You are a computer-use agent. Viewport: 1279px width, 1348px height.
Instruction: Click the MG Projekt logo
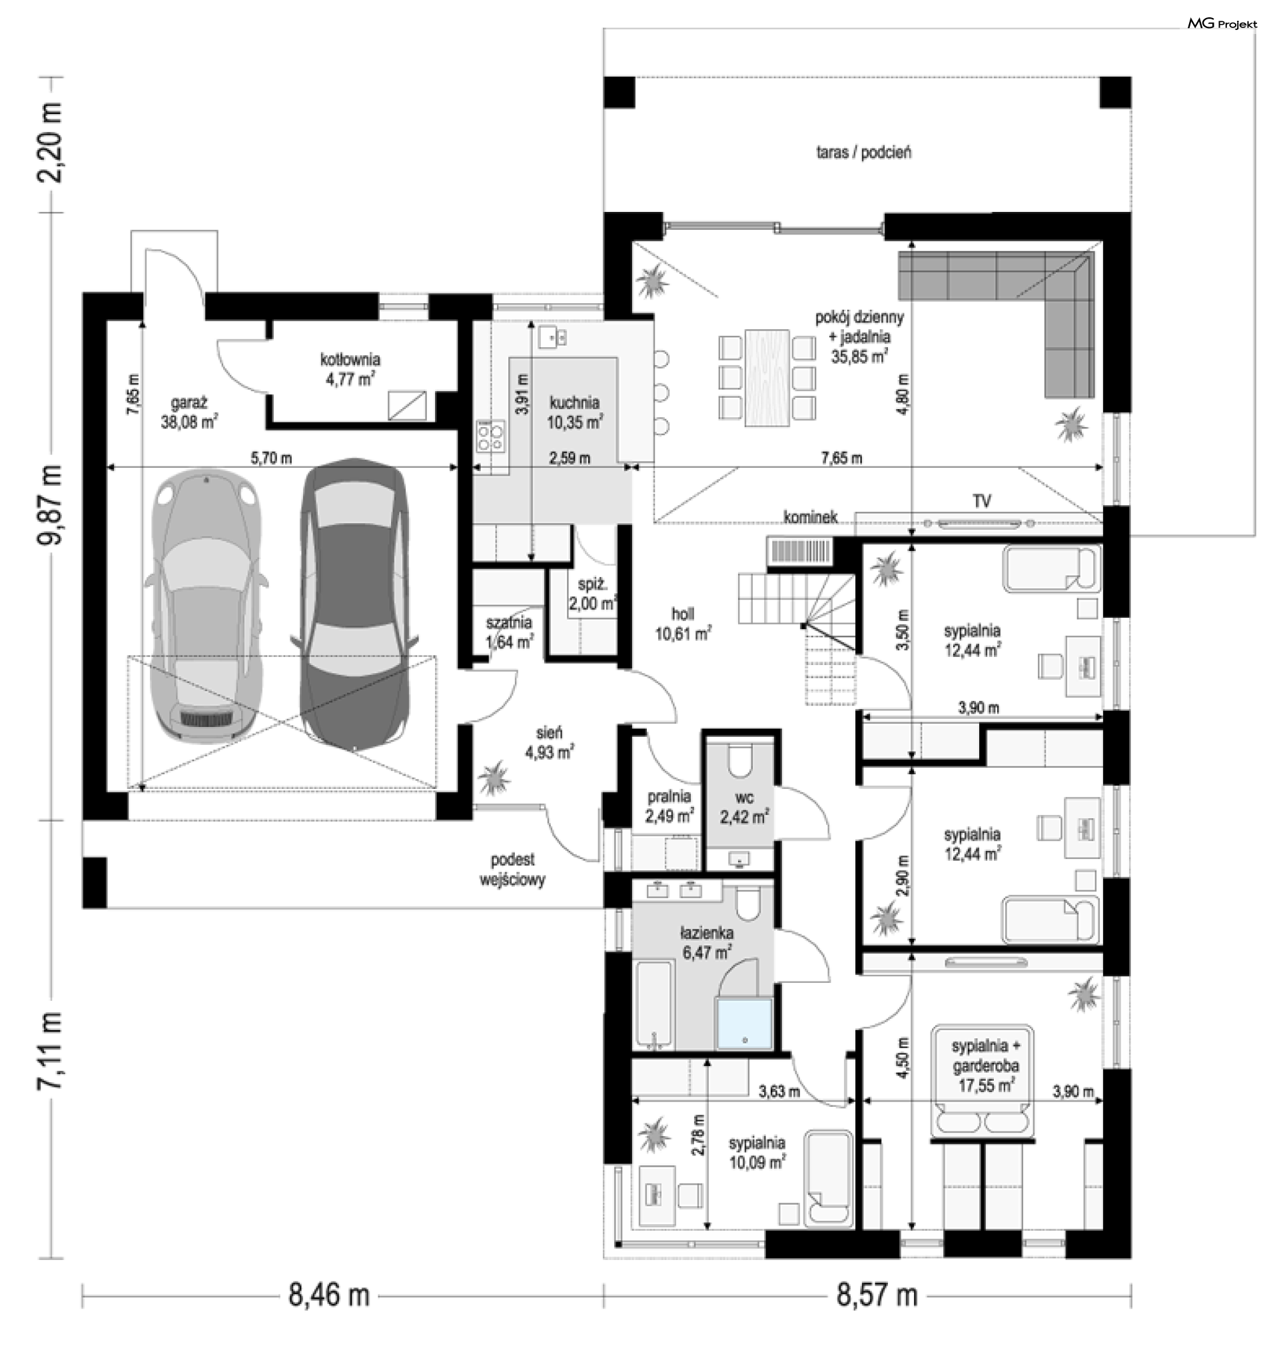click(1222, 25)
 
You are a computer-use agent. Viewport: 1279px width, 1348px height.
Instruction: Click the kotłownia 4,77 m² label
click(350, 369)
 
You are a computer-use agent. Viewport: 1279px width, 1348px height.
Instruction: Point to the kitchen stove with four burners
click(491, 436)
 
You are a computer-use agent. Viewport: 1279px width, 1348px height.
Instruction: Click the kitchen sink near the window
click(553, 336)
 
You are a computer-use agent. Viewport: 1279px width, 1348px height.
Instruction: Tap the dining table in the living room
click(767, 378)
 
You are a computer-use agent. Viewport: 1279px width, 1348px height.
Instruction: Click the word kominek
click(811, 517)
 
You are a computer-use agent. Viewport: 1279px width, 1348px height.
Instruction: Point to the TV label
click(982, 501)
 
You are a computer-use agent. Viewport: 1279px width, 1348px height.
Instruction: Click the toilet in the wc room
click(740, 763)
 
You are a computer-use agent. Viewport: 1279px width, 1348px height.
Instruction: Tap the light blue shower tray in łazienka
click(744, 1025)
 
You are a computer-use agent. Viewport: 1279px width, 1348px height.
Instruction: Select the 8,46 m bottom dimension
click(328, 1294)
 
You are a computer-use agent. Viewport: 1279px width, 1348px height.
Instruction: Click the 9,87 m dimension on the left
click(50, 504)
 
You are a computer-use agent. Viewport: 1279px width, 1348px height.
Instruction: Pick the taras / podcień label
click(864, 152)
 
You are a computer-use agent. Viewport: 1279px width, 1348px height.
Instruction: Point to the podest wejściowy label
click(513, 870)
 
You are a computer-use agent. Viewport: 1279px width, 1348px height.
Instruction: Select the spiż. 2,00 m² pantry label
click(593, 594)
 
